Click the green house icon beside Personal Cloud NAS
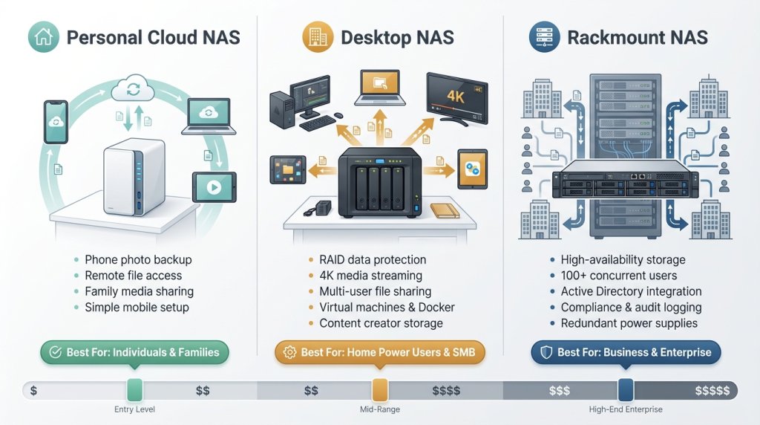coord(43,36)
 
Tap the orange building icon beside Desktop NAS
coord(317,36)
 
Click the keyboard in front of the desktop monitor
coord(318,121)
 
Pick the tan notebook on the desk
coord(445,210)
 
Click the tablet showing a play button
coord(214,187)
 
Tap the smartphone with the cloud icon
coord(56,123)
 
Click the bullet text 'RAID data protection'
coord(373,260)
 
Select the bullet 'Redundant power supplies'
coord(629,323)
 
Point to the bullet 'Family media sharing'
coord(139,291)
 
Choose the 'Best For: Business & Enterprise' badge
coord(626,352)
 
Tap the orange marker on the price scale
coord(380,390)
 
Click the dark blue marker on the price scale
coord(625,390)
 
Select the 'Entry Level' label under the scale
coord(134,409)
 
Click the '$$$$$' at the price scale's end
coord(712,390)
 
